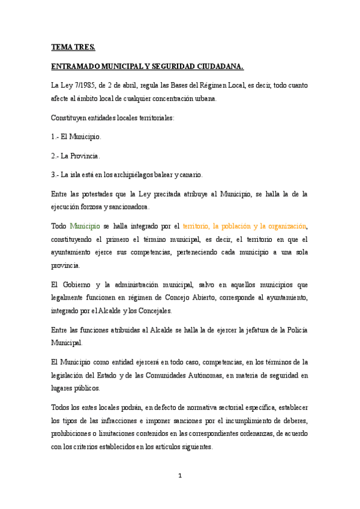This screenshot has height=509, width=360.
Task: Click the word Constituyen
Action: point(70,118)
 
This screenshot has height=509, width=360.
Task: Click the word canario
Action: point(190,175)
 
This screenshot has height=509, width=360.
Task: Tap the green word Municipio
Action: point(84,226)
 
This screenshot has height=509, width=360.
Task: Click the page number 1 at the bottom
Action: point(180,476)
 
